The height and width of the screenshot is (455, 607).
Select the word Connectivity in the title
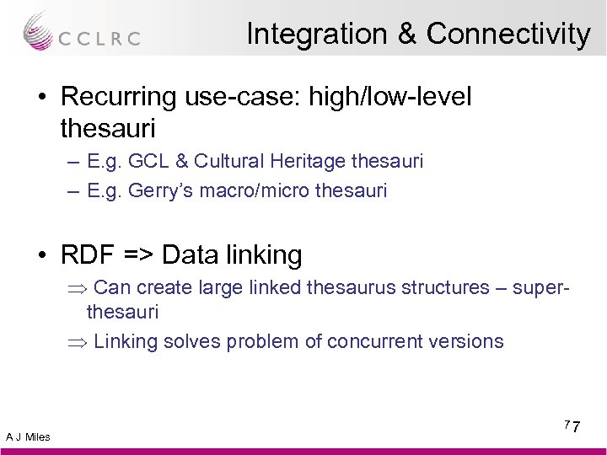point(508,34)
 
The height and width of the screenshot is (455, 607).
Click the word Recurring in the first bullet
point(116,98)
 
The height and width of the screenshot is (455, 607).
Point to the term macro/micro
point(256,190)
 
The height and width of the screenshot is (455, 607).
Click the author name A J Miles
point(28,436)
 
